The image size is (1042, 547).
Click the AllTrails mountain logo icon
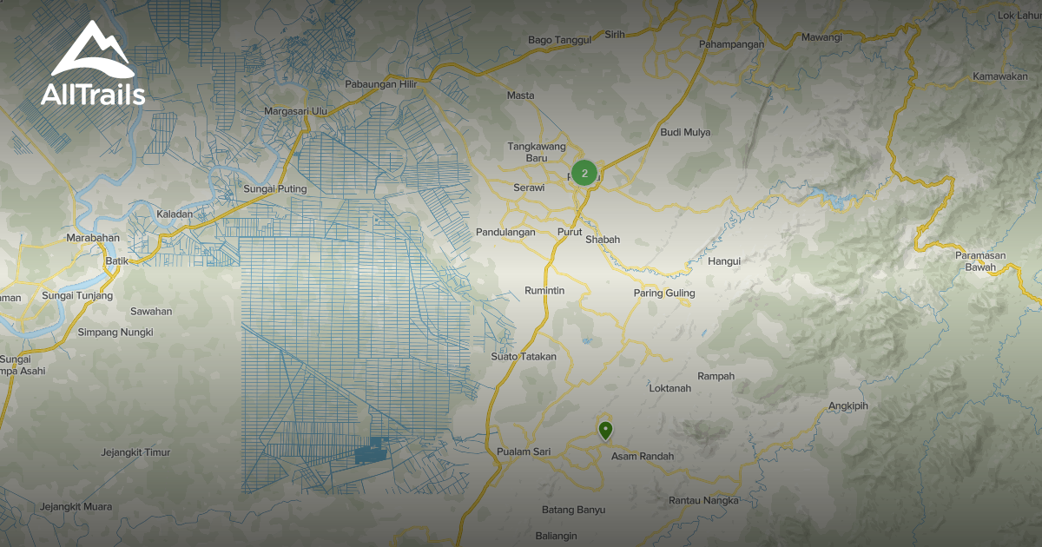[92, 49]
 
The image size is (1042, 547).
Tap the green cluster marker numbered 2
[584, 174]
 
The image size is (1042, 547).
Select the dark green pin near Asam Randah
[605, 429]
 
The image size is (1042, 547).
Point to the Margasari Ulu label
[295, 111]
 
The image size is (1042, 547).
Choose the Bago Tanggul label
[559, 40]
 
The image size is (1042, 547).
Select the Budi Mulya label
[685, 132]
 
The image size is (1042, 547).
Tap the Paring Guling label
[664, 293]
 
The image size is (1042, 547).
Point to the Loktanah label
[670, 388]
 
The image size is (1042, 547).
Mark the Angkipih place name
[847, 405]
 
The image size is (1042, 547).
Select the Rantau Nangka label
[703, 500]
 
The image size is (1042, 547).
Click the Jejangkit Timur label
[135, 452]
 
